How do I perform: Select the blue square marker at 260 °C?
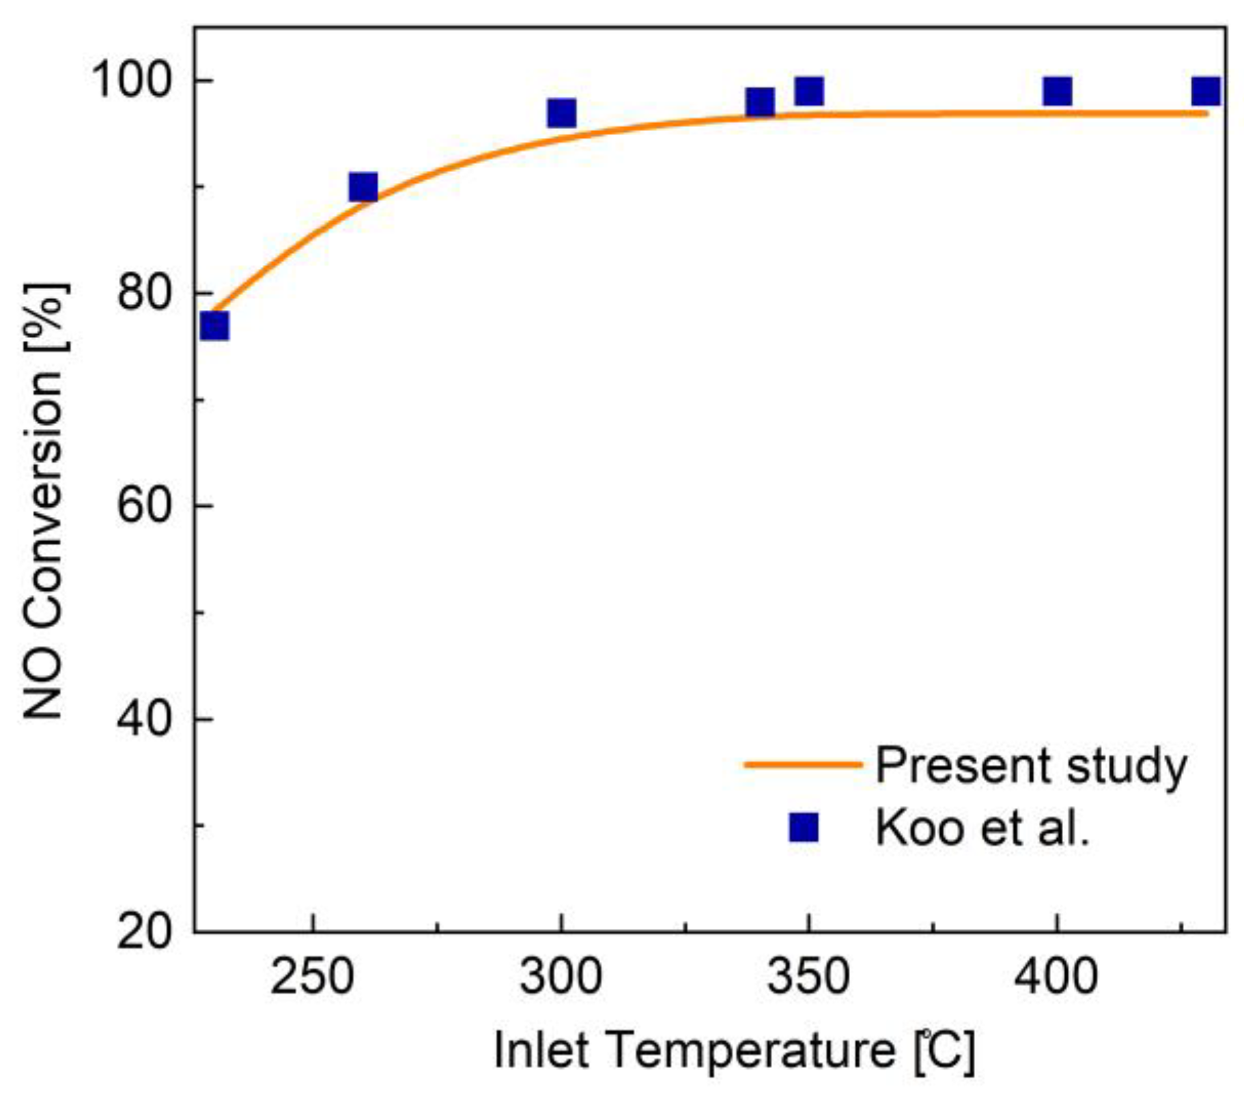click(x=363, y=186)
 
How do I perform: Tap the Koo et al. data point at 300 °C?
click(x=561, y=113)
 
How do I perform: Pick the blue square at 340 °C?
click(x=760, y=102)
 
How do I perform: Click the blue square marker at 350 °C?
click(x=809, y=91)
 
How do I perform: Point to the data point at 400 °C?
click(x=1057, y=91)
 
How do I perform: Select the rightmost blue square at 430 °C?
click(x=1206, y=91)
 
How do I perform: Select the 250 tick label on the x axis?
click(x=313, y=977)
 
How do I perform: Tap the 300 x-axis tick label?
click(x=561, y=977)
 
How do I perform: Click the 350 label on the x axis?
click(x=809, y=977)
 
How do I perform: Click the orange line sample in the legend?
click(x=803, y=764)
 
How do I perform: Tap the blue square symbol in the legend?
click(x=804, y=827)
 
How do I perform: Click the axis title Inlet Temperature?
click(x=733, y=1050)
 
